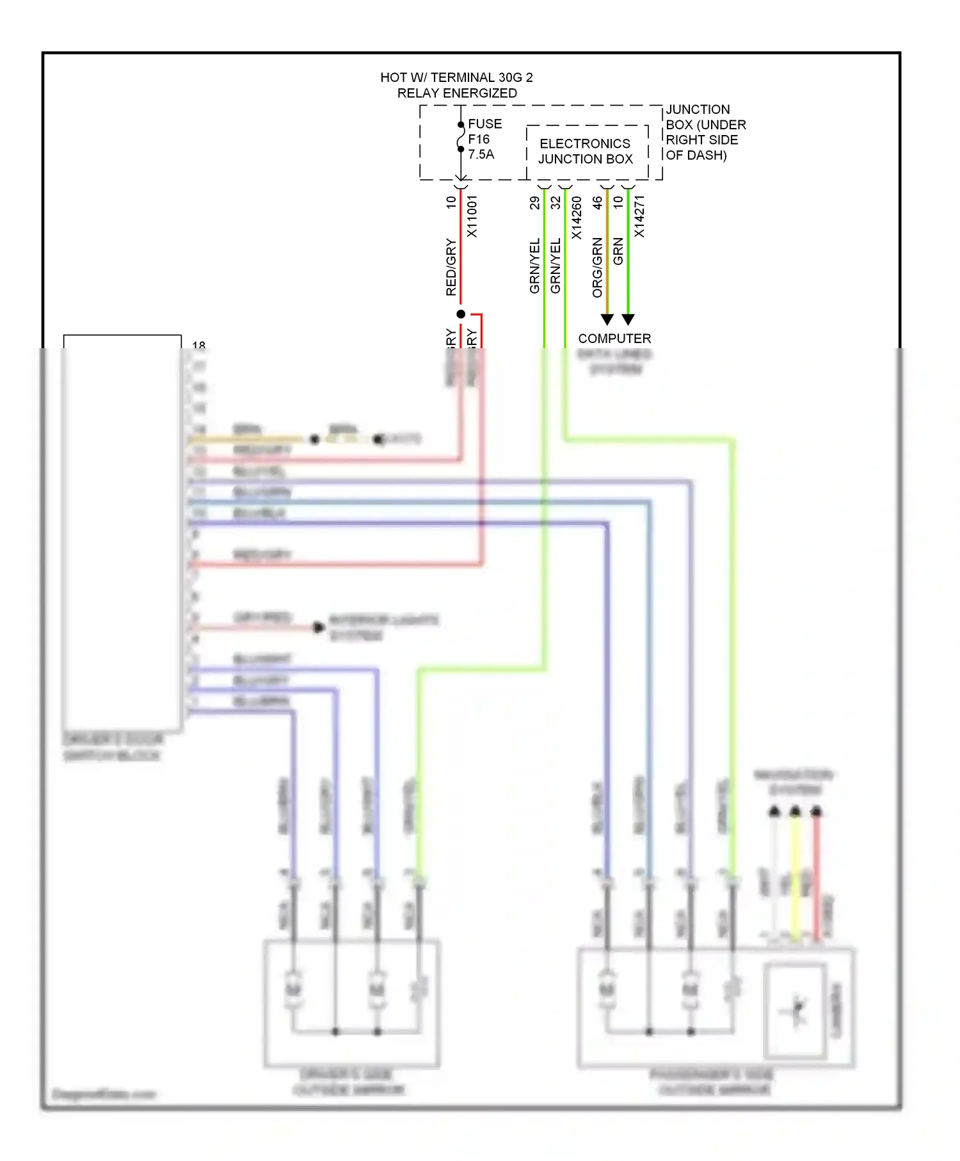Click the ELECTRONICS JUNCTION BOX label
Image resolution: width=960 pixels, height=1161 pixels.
(585, 152)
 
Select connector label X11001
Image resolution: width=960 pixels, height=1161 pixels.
(472, 216)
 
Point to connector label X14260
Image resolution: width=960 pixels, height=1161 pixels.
(577, 218)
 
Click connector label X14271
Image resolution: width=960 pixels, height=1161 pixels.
(639, 216)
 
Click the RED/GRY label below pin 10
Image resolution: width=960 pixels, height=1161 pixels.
(451, 267)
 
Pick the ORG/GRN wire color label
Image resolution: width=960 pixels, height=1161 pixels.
(597, 267)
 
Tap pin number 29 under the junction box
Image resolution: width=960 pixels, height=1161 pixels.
(534, 203)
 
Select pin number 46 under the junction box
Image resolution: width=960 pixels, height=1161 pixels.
(597, 203)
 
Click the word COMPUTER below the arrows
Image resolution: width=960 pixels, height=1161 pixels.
(614, 339)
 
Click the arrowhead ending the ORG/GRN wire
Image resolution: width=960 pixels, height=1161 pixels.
(607, 319)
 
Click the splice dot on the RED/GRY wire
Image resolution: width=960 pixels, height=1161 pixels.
(461, 314)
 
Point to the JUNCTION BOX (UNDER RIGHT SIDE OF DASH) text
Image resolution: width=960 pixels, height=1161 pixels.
(705, 132)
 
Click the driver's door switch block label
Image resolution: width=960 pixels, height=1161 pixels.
(113, 748)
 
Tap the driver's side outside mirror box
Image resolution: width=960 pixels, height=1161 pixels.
(351, 1002)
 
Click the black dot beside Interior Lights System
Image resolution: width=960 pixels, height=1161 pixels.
(318, 627)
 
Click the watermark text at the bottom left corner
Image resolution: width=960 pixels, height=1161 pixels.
(104, 1094)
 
